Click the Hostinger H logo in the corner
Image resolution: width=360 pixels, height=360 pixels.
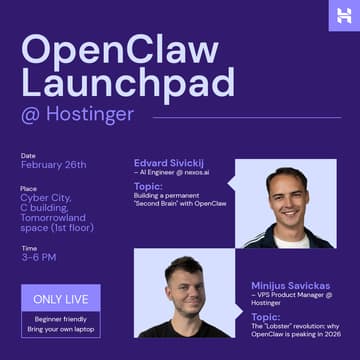point(343,15)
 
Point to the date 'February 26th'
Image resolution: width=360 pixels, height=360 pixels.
point(53,165)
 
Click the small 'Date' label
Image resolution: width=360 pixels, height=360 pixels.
point(28,155)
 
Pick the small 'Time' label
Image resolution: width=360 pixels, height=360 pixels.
point(28,247)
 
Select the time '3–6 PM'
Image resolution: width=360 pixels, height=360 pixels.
point(39,257)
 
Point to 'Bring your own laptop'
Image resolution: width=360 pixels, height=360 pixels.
point(60,328)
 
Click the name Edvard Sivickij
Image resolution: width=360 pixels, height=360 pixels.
point(168,162)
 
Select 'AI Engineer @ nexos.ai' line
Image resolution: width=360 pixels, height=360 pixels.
point(171,172)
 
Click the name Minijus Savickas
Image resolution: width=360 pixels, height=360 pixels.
point(291,285)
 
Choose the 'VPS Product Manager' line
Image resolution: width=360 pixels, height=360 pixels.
point(291,295)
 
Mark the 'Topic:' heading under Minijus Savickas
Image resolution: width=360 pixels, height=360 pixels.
point(266,316)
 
